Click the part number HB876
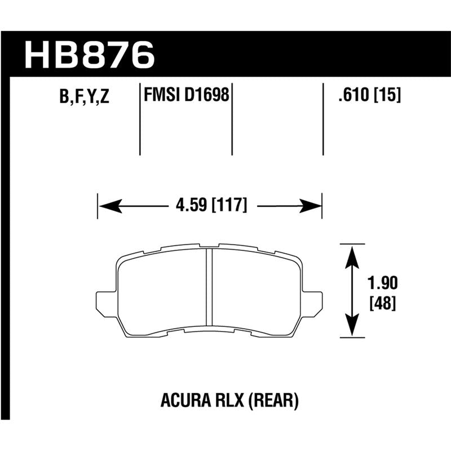(x=90, y=55)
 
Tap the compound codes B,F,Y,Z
(x=84, y=96)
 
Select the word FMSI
(x=162, y=94)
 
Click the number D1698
(x=206, y=94)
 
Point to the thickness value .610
(x=353, y=94)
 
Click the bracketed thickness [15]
(x=387, y=94)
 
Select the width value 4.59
(x=191, y=205)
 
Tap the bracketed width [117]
(x=229, y=205)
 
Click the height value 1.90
(x=383, y=283)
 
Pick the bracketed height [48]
(x=383, y=303)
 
